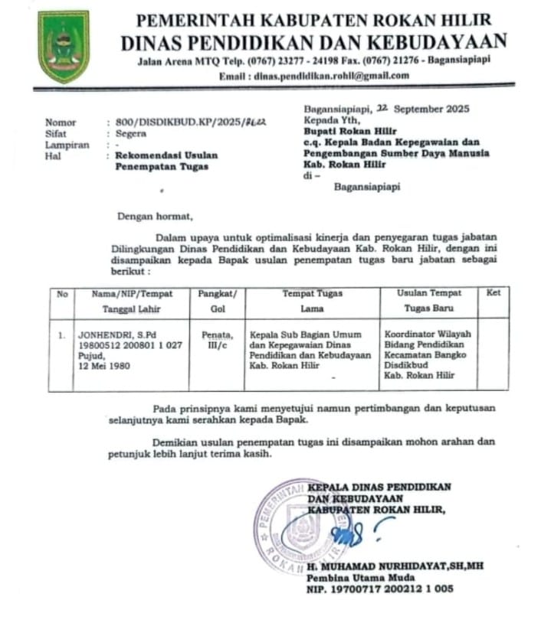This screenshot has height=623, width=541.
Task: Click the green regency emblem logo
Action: [x=64, y=47]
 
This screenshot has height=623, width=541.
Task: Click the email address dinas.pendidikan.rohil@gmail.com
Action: [x=313, y=75]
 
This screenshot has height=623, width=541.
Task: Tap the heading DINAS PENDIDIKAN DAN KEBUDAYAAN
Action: [x=313, y=41]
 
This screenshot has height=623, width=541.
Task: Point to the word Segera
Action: [x=131, y=132]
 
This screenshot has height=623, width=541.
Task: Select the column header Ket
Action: [x=493, y=293]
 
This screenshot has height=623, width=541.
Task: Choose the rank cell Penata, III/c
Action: [x=217, y=339]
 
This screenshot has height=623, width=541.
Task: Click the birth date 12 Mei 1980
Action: [x=104, y=366]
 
